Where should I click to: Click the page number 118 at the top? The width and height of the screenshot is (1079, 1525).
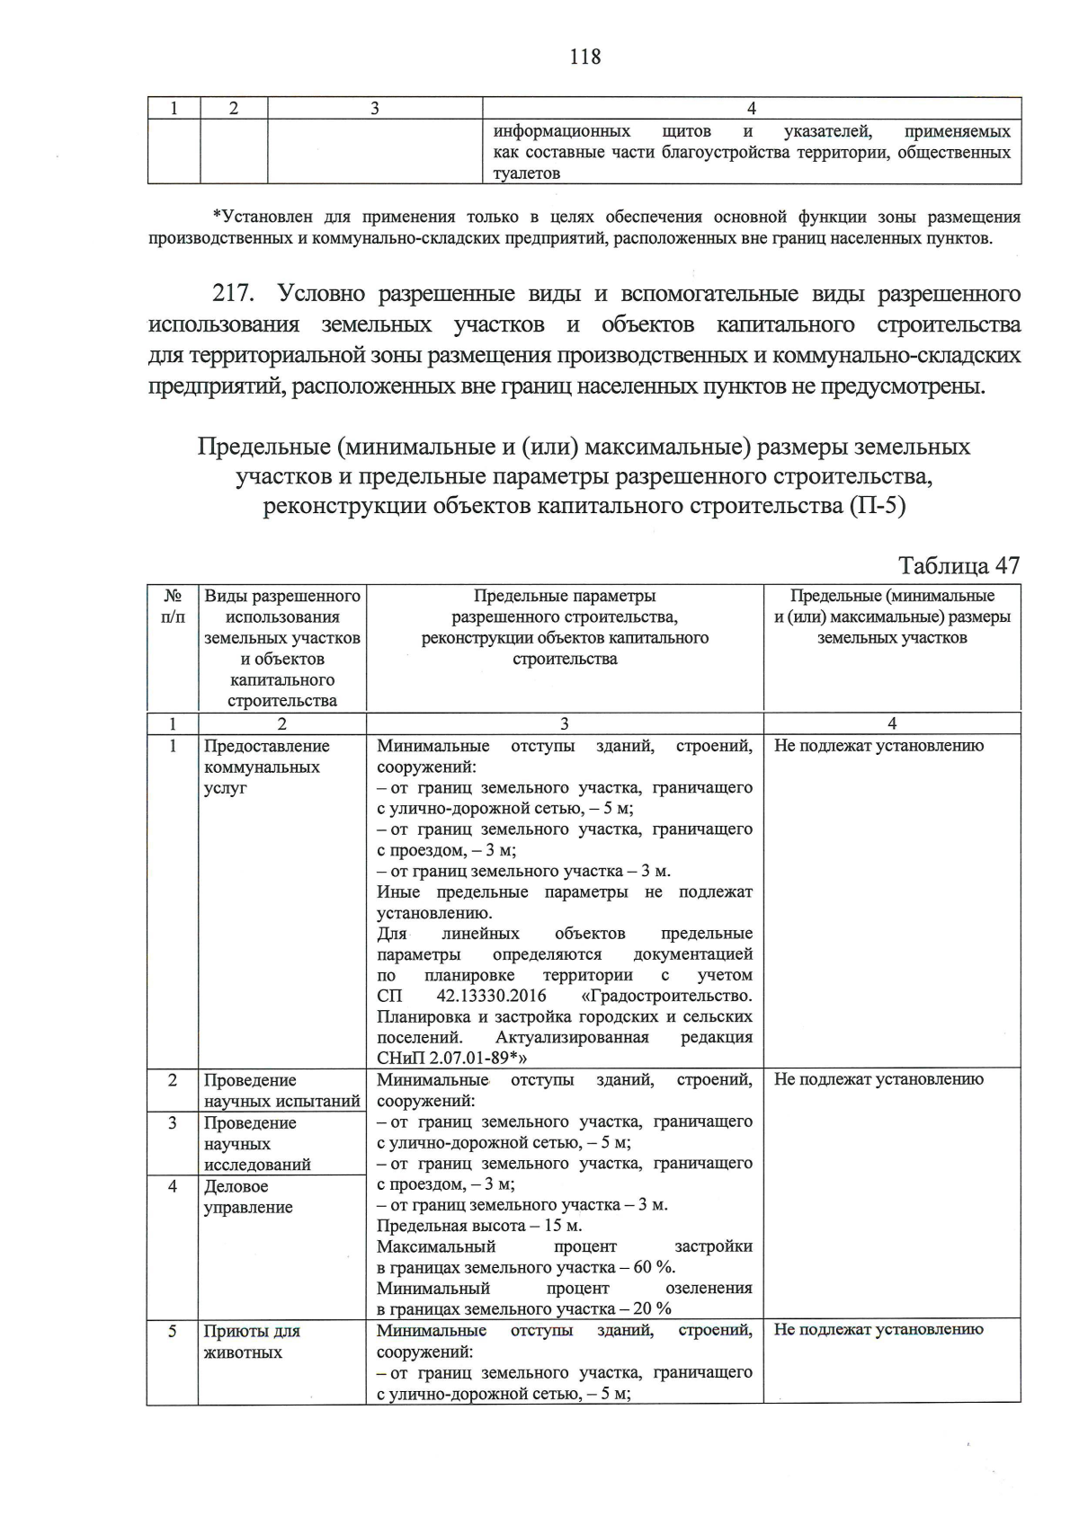(584, 58)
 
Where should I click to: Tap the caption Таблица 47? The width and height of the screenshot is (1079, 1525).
(959, 565)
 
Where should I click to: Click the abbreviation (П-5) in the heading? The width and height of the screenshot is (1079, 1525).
(876, 506)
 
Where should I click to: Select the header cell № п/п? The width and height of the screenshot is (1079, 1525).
(173, 606)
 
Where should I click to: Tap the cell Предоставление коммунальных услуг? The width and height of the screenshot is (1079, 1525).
(266, 767)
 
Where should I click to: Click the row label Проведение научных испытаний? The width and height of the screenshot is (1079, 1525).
(281, 1090)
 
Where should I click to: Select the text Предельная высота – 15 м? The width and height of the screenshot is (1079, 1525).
(478, 1226)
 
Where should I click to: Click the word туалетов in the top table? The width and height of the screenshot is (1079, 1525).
(527, 173)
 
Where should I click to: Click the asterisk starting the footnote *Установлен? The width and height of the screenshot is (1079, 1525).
(216, 217)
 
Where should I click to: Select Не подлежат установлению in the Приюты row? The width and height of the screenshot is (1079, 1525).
(878, 1329)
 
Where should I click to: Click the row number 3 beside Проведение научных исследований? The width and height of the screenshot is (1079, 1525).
(173, 1123)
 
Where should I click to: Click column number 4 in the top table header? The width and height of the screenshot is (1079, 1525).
(752, 109)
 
